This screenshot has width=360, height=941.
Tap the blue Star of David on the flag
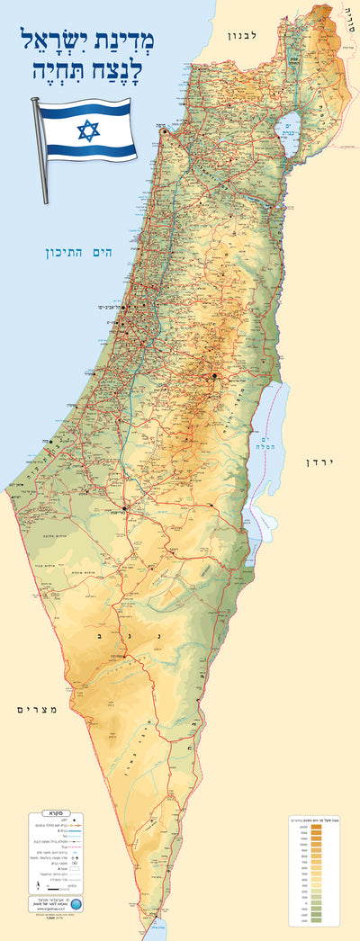[x=87, y=131]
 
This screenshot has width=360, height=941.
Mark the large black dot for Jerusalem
[x=215, y=375]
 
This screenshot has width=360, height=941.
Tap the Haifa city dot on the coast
[x=165, y=132]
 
